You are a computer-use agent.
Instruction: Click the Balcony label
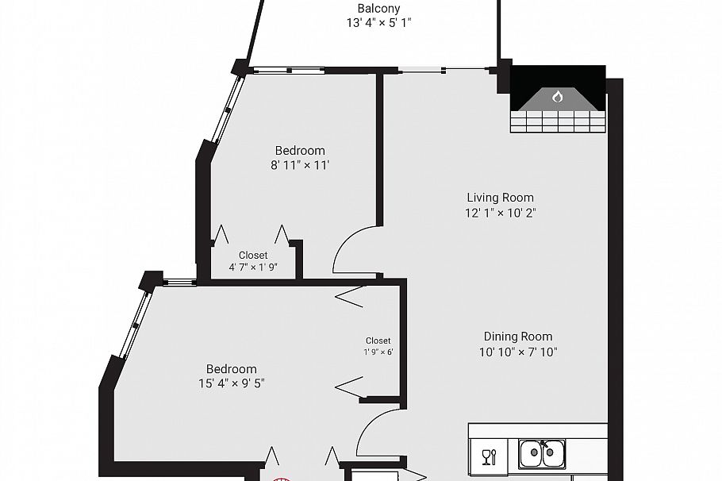378,9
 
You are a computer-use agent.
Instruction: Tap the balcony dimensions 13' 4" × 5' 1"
378,23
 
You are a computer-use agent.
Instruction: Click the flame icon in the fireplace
557,97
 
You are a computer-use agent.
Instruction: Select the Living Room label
500,198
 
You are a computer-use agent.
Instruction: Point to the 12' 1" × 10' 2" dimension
500,213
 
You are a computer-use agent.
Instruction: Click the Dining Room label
518,337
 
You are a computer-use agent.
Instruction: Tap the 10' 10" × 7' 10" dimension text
518,352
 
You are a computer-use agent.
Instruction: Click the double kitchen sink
543,455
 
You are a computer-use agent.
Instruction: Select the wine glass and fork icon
489,456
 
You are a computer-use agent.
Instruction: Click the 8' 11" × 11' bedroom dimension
300,166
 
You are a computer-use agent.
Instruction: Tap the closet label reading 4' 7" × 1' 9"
253,267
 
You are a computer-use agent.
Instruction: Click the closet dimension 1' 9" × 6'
378,352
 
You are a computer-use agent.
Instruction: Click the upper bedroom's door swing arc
355,248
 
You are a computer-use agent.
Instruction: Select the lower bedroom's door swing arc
376,433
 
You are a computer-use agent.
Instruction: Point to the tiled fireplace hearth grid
558,121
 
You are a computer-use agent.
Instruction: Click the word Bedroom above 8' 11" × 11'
300,151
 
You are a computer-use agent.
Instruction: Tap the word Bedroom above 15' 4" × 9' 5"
232,369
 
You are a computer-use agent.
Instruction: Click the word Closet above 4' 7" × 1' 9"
253,255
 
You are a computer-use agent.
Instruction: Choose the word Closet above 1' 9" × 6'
378,341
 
